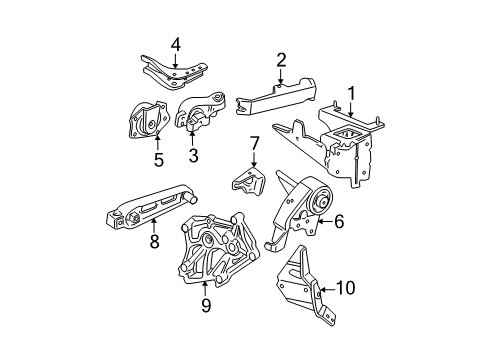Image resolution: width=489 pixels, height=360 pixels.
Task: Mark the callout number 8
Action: (x=153, y=240)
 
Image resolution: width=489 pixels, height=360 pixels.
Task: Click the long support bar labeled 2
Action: (x=275, y=97)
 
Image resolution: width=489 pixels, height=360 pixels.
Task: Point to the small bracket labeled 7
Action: (x=247, y=182)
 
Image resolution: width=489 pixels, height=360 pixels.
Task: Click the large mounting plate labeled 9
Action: (x=215, y=265)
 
